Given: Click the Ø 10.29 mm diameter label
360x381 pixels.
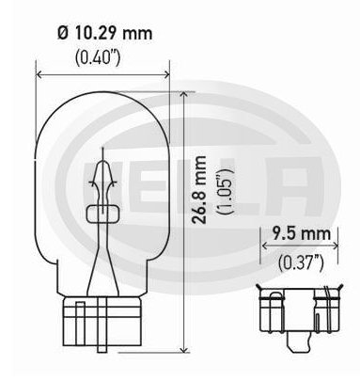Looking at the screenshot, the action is point(105,33).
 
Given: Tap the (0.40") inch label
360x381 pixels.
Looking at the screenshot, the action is point(98,57).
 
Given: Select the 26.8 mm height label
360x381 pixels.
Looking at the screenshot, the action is point(199,190).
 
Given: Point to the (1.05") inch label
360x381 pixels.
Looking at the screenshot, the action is point(226,191).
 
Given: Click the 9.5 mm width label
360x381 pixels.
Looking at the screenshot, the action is point(301,233).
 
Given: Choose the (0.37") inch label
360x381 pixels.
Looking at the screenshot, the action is point(301,262).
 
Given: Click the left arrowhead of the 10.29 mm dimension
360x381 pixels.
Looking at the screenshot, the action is point(39,74).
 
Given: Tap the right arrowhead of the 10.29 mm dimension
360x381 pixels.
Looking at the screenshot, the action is point(166,74).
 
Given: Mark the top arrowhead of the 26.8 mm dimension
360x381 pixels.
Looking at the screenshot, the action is point(185,95).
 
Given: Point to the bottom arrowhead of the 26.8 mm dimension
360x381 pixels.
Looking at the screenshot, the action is point(185,349).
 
